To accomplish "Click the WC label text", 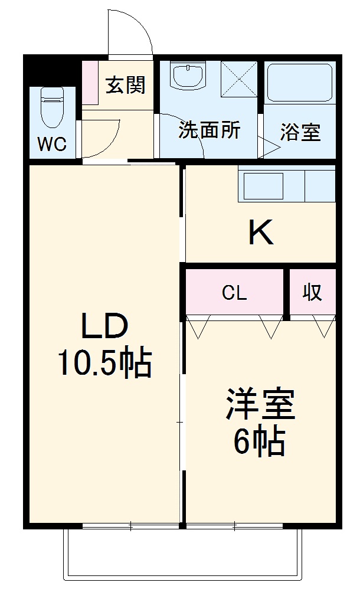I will pyautogui.click(x=53, y=145).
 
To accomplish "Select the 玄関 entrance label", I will pyautogui.click(x=125, y=86).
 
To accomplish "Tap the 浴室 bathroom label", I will pyautogui.click(x=300, y=132).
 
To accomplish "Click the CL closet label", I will pyautogui.click(x=234, y=293).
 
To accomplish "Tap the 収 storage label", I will pyautogui.click(x=312, y=292).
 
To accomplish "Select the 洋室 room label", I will pyautogui.click(x=259, y=405).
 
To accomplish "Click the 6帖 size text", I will pyautogui.click(x=259, y=441).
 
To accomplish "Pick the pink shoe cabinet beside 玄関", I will pyautogui.click(x=90, y=83).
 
